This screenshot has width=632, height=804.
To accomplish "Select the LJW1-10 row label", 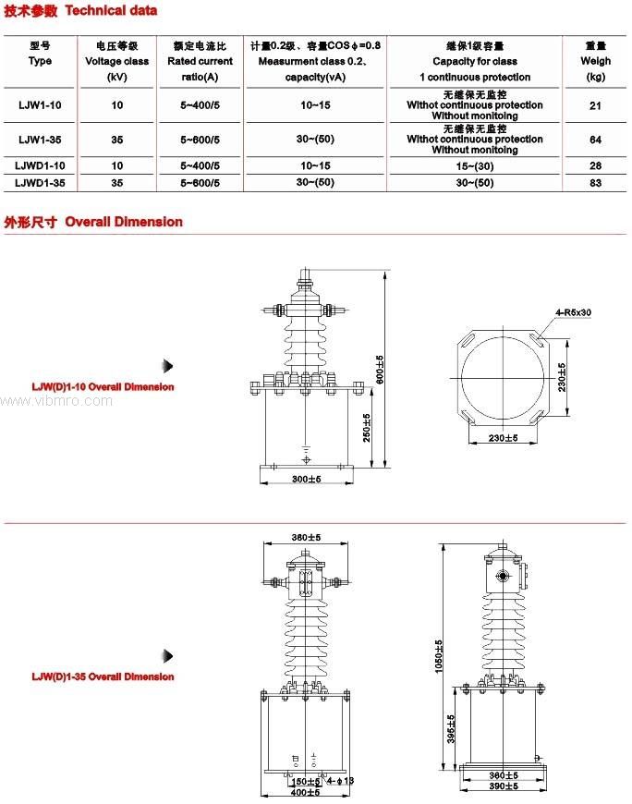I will pyautogui.click(x=41, y=105).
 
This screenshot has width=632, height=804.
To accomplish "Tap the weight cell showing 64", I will pyautogui.click(x=595, y=140).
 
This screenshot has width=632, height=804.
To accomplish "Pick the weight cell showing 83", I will pyautogui.click(x=595, y=183).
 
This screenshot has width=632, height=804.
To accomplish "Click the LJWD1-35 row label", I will pyautogui.click(x=41, y=183).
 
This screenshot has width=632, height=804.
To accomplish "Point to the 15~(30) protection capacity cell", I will pyautogui.click(x=474, y=165).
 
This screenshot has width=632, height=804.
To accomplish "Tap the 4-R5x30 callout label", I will pyautogui.click(x=573, y=312).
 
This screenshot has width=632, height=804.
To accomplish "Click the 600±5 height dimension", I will pyautogui.click(x=379, y=369).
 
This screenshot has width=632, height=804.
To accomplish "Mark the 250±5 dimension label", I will pyautogui.click(x=367, y=426).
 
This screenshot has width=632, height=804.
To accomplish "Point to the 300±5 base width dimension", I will pyautogui.click(x=306, y=480).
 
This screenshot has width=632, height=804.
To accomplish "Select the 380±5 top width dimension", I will pyautogui.click(x=305, y=537).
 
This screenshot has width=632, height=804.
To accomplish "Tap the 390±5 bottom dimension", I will pyautogui.click(x=503, y=786).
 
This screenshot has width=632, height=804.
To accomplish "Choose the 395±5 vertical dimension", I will pyautogui.click(x=451, y=729).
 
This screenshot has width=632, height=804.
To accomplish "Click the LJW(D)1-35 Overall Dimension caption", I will pyautogui.click(x=103, y=676).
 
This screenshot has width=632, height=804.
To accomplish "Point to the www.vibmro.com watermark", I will pyautogui.click(x=56, y=401).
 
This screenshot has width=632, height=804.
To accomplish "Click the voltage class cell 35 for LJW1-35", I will pyautogui.click(x=116, y=140).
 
